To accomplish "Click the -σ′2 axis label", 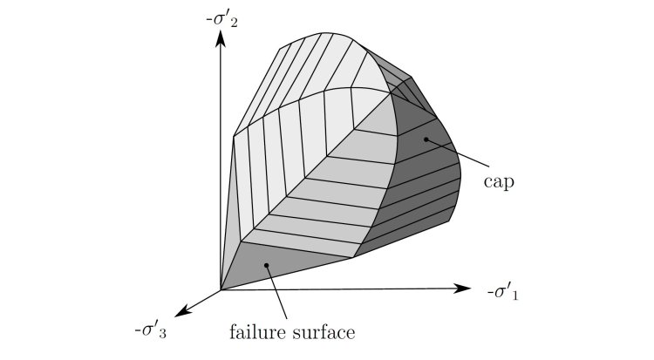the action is [221, 19].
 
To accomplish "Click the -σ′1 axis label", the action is [502, 292].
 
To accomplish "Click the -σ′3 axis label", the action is [150, 330].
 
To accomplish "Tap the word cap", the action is [499, 182].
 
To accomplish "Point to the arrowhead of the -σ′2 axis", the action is [221, 38].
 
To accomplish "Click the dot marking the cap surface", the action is [426, 139].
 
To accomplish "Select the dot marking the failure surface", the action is [266, 265].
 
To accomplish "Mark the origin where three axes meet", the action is [221, 289].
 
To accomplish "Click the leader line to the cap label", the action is [457, 153].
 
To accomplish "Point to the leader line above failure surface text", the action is [276, 292].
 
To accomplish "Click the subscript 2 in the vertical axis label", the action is [234, 24].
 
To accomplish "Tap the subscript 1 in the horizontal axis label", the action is [514, 295].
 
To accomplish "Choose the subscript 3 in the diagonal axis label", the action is [162, 334].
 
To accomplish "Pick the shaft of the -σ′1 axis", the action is [337, 289].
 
